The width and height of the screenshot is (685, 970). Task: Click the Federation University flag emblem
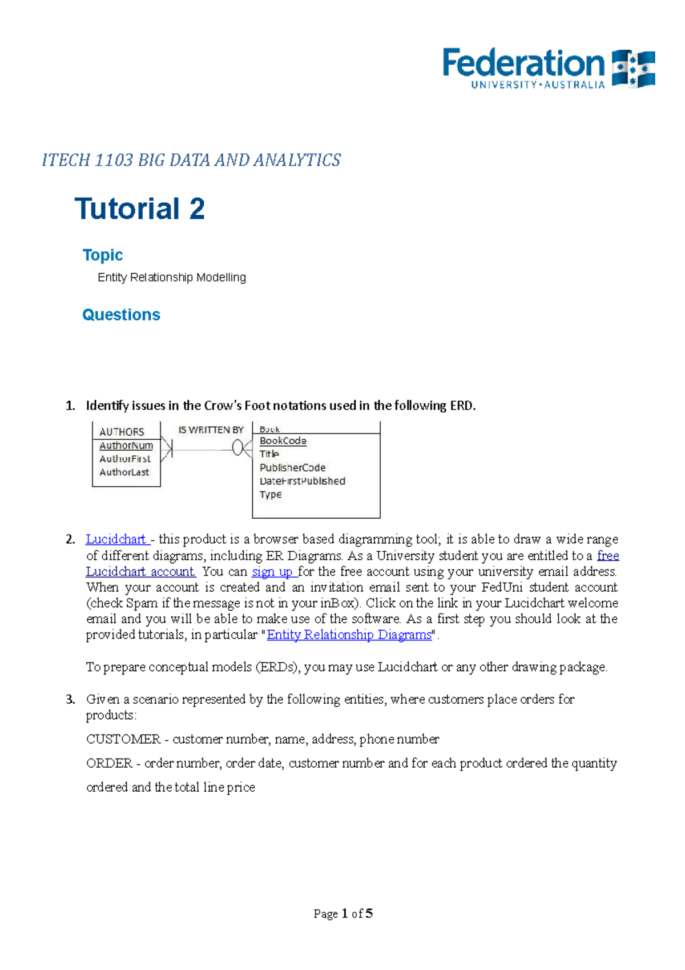(x=633, y=69)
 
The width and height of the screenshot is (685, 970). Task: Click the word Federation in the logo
(x=523, y=63)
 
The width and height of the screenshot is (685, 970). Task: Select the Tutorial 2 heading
(x=140, y=209)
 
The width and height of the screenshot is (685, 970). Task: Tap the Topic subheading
(x=103, y=255)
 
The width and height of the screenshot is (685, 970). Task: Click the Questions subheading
(x=121, y=315)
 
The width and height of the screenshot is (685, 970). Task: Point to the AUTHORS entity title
(x=122, y=432)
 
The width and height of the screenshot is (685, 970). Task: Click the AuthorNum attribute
(x=126, y=446)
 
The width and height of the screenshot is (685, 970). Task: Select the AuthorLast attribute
(x=124, y=472)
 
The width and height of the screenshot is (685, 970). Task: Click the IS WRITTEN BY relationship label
(x=211, y=430)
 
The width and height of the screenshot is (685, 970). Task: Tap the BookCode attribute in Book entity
(x=283, y=441)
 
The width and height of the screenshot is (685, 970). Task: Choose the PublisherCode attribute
(x=292, y=467)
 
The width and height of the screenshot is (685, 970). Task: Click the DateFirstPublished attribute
(x=303, y=481)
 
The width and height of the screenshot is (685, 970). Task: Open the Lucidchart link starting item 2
(x=116, y=539)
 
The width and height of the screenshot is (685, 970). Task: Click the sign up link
(x=273, y=572)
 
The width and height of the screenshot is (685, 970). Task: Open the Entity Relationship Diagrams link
(x=349, y=635)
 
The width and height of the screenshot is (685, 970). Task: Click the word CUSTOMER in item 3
(x=123, y=739)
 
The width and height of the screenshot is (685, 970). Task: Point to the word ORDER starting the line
(x=109, y=763)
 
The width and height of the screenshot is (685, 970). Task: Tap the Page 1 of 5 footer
(x=343, y=913)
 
